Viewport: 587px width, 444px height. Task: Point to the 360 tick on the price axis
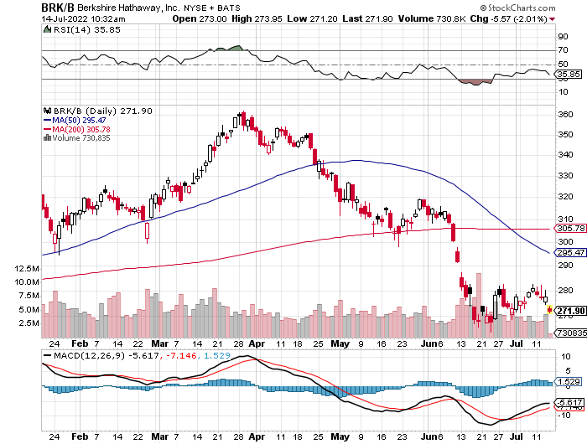click(564, 114)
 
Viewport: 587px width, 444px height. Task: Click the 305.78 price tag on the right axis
click(569, 228)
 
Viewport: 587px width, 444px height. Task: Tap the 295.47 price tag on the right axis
click(569, 251)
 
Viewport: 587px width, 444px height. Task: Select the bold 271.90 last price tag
click(569, 310)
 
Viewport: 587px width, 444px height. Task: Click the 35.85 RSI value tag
click(569, 74)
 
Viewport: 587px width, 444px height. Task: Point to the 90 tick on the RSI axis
click(562, 37)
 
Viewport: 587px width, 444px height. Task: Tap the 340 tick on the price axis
click(564, 155)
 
